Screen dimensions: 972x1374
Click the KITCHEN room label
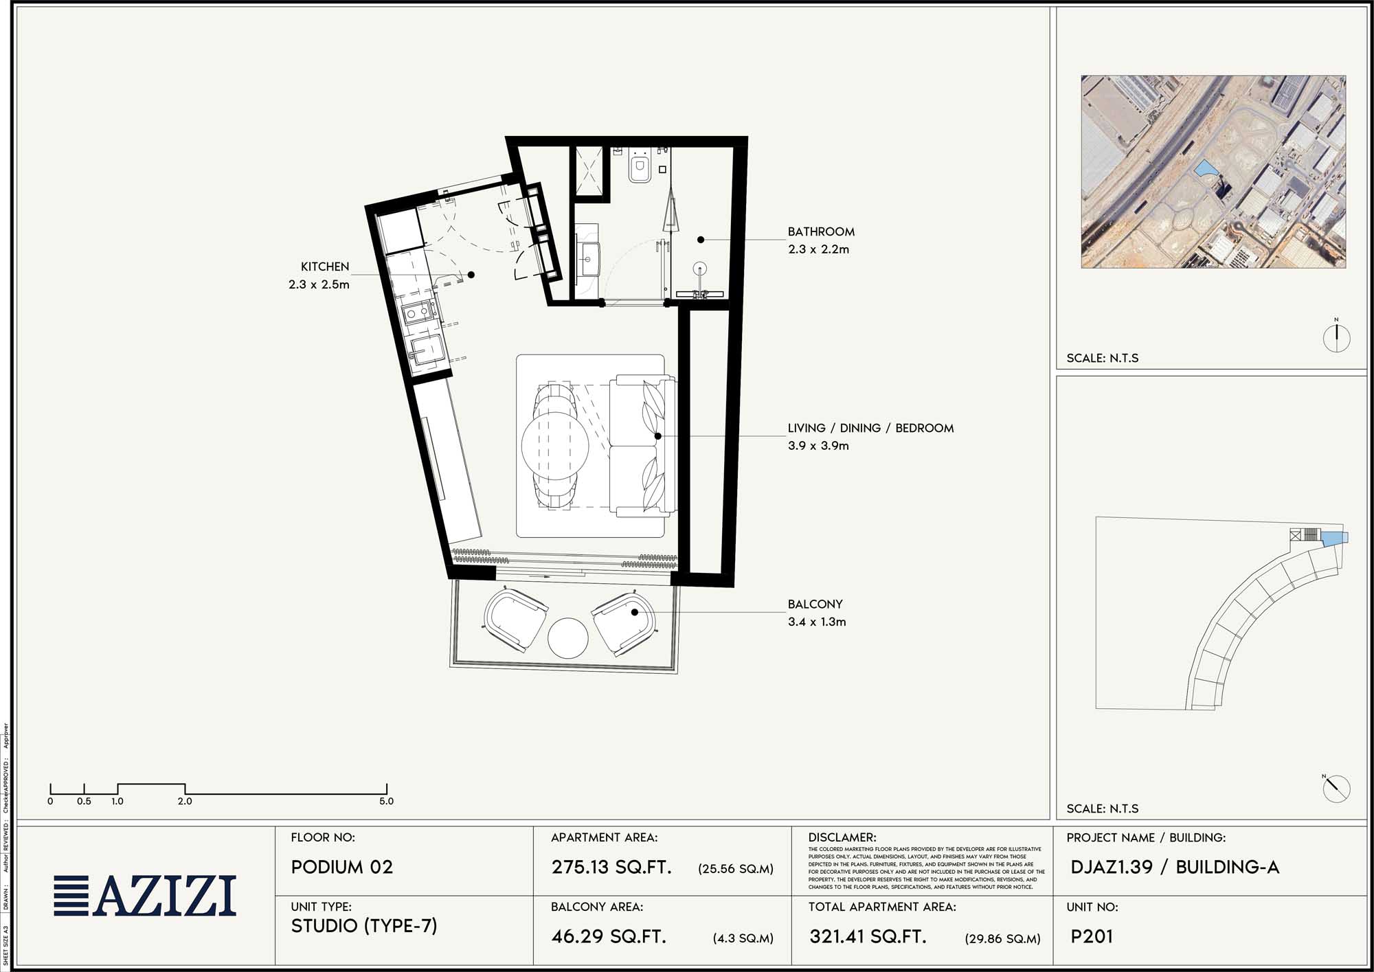click(x=324, y=267)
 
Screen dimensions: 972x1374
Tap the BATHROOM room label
click(x=821, y=231)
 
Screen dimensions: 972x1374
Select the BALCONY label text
click(x=815, y=604)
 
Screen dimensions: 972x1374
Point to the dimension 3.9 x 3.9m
click(x=818, y=446)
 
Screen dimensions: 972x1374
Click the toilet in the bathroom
click(x=640, y=168)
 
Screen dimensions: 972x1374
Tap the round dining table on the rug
click(x=555, y=445)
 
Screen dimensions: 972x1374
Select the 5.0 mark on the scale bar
click(x=386, y=801)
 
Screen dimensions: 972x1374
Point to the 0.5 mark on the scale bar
click(x=84, y=801)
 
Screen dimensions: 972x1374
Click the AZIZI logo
click(x=146, y=895)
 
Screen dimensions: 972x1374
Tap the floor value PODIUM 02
click(x=342, y=867)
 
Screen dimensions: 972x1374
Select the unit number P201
click(x=1092, y=936)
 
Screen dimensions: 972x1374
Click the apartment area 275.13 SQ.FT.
click(x=611, y=867)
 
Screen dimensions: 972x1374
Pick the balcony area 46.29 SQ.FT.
click(x=609, y=936)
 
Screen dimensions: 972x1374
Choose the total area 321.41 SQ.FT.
click(x=868, y=936)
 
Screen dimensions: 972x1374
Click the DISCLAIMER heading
click(x=842, y=837)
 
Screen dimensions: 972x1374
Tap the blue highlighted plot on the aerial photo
click(x=1205, y=169)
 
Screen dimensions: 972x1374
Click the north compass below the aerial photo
click(x=1336, y=337)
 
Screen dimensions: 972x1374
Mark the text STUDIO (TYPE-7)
click(x=364, y=926)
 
